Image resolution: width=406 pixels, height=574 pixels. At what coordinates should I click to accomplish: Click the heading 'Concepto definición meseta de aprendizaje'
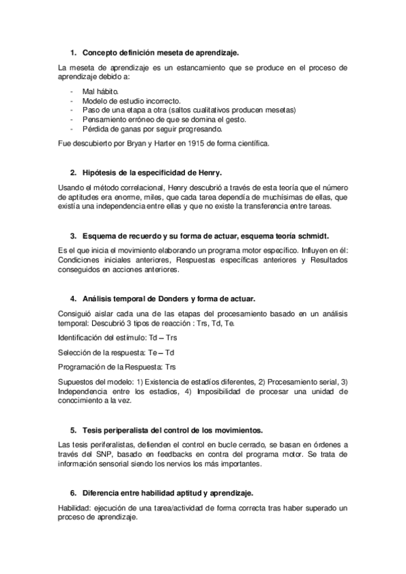tap(160, 52)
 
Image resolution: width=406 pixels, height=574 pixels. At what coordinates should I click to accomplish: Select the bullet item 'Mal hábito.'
tap(100, 90)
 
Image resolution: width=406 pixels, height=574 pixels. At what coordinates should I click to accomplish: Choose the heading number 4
tap(73, 299)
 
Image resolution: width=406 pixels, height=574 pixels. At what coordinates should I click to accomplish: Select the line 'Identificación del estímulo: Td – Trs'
tap(118, 337)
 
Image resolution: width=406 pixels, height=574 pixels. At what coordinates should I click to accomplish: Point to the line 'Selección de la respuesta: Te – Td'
tap(116, 352)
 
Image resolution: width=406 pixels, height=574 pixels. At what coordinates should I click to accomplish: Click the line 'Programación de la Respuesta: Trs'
tap(117, 367)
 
